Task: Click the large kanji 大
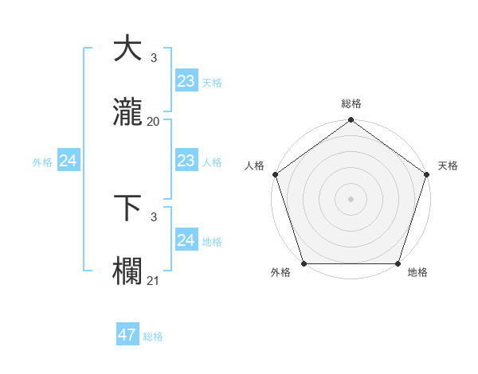(127, 49)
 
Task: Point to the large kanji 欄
(127, 271)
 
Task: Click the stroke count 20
(154, 122)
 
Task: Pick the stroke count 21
(154, 280)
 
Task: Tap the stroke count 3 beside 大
(154, 58)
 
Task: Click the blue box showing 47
(127, 335)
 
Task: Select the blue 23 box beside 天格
(186, 81)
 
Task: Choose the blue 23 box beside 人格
(186, 161)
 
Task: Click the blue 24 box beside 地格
(186, 240)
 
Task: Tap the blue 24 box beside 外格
(69, 161)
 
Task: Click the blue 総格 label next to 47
(153, 337)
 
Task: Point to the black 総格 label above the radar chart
(351, 103)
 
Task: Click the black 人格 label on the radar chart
(254, 166)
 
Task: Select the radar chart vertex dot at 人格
(275, 174)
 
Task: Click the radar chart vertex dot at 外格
(304, 263)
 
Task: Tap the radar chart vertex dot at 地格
(398, 263)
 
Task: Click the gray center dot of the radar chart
(351, 199)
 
